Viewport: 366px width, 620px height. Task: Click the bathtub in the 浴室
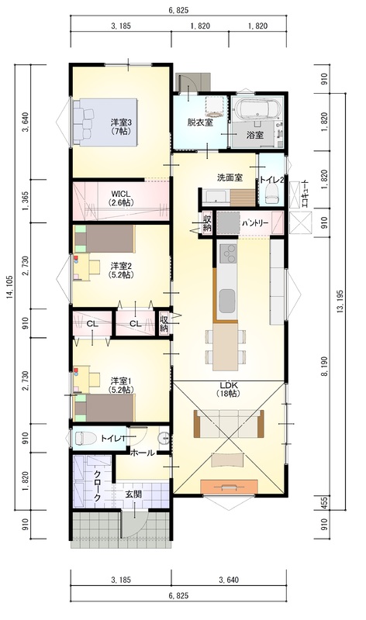pyautogui.click(x=257, y=108)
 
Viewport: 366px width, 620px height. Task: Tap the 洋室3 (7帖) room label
pyautogui.click(x=121, y=127)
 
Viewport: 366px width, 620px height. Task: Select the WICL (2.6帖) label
pyautogui.click(x=121, y=198)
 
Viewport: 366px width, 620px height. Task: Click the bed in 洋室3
pyautogui.click(x=105, y=122)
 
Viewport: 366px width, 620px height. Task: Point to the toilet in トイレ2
pyautogui.click(x=271, y=195)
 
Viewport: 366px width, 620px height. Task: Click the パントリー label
pyautogui.click(x=255, y=223)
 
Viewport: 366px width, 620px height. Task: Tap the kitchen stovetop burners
pyautogui.click(x=228, y=253)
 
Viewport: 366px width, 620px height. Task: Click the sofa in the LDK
pyautogui.click(x=229, y=423)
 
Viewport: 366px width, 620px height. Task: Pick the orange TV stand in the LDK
pyautogui.click(x=229, y=487)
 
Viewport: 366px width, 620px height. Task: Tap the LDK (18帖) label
pyautogui.click(x=228, y=389)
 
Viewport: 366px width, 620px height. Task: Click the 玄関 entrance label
pyautogui.click(x=133, y=494)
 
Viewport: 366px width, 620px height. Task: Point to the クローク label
pyautogui.click(x=97, y=487)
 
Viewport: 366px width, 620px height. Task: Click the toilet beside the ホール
pyautogui.click(x=85, y=438)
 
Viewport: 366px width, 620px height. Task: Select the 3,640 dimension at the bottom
pyautogui.click(x=229, y=580)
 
